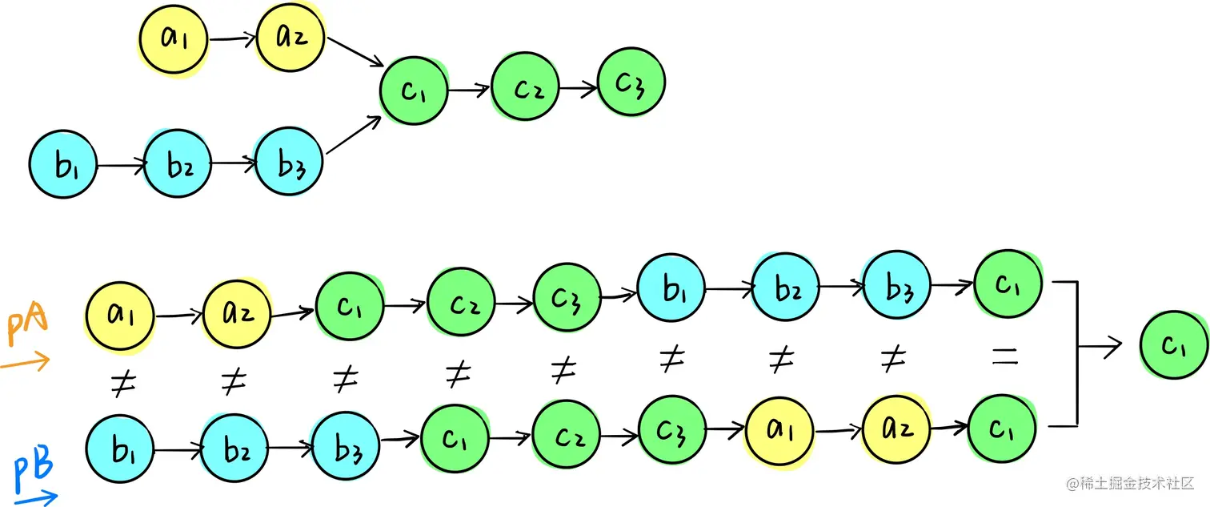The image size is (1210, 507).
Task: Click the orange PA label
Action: [x=27, y=324]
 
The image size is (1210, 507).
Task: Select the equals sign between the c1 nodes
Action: [x=1005, y=356]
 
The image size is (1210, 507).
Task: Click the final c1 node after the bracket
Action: [x=1174, y=345]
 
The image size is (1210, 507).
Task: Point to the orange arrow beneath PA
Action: [x=25, y=361]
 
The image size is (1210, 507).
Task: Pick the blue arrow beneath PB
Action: [x=36, y=497]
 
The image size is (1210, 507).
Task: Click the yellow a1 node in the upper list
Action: [x=174, y=39]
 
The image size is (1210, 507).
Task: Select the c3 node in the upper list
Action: [x=631, y=82]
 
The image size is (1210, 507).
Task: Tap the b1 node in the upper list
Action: [x=62, y=163]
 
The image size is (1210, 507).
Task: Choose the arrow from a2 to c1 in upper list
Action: [x=355, y=52]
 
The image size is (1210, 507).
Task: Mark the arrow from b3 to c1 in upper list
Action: [x=354, y=135]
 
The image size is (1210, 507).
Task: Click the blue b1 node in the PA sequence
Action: [x=671, y=288]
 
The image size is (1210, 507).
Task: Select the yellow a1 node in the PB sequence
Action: [x=779, y=431]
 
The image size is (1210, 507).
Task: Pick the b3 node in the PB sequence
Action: [x=346, y=446]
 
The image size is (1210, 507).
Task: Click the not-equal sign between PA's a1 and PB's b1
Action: [x=124, y=383]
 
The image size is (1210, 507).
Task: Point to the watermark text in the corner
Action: [x=1130, y=483]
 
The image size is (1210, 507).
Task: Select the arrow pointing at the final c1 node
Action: [x=1100, y=346]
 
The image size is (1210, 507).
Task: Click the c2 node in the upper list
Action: [x=525, y=87]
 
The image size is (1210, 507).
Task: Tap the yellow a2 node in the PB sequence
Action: [x=896, y=429]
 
